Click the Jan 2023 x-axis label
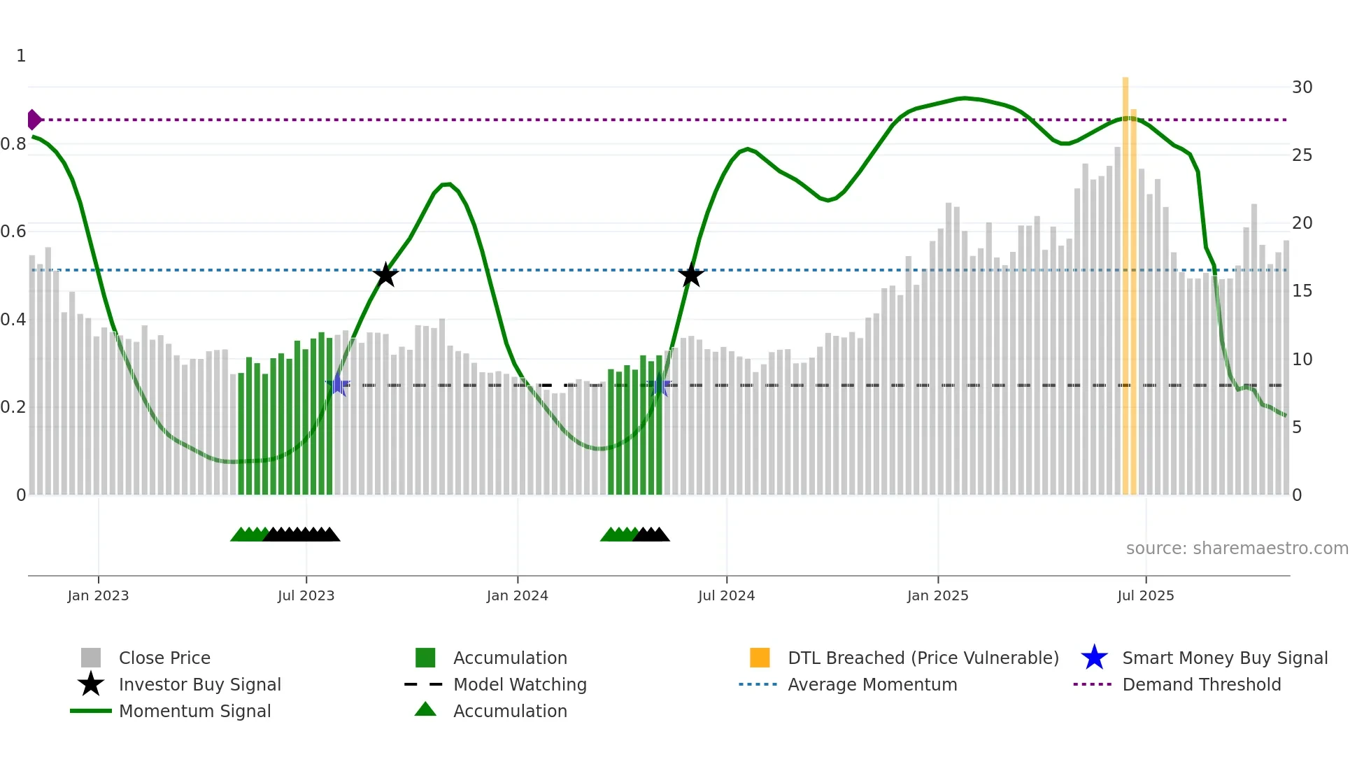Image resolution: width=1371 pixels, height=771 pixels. click(x=98, y=595)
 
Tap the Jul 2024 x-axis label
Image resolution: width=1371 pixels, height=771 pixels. click(x=726, y=595)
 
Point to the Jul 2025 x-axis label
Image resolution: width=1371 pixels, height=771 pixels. click(x=1145, y=595)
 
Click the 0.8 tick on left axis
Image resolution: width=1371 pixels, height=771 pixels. click(x=13, y=144)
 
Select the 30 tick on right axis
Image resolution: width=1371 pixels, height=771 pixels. click(x=1302, y=87)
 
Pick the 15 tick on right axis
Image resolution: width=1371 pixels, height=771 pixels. click(x=1302, y=291)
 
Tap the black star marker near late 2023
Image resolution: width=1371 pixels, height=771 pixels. click(x=385, y=275)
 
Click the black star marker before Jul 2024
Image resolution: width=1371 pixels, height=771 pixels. click(x=691, y=275)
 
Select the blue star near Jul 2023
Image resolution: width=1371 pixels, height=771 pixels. click(x=338, y=384)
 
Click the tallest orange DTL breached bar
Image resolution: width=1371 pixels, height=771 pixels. click(x=1125, y=280)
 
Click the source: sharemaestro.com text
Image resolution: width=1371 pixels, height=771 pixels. click(x=1237, y=549)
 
